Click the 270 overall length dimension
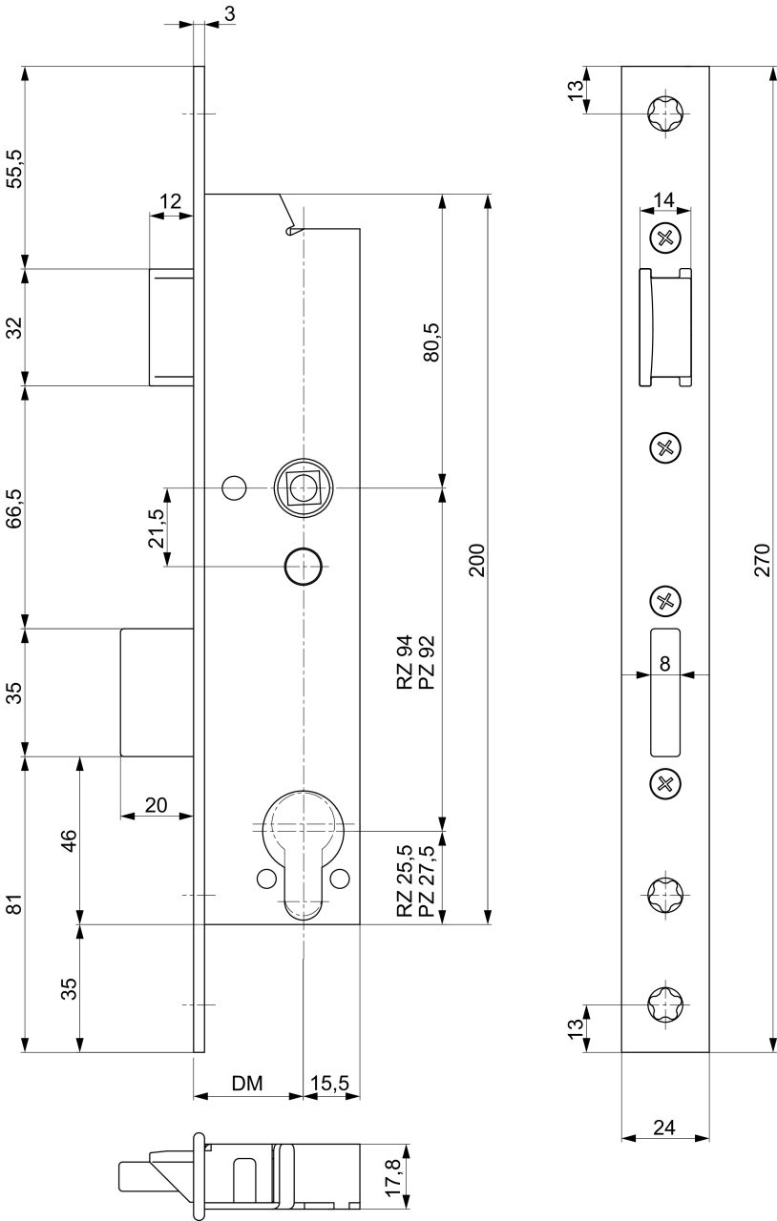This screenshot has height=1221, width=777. (x=763, y=559)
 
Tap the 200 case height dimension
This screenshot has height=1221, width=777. (x=477, y=560)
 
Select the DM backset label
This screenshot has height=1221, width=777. (x=247, y=1083)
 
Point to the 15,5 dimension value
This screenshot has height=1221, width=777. (x=330, y=1084)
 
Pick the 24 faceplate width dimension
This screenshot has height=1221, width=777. (x=664, y=1128)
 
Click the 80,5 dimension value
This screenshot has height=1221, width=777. (x=431, y=342)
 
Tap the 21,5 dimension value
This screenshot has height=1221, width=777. (x=156, y=528)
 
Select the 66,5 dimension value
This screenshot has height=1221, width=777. (x=14, y=508)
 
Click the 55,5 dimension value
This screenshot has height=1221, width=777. (x=14, y=169)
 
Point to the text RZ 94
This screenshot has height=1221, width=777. (x=406, y=663)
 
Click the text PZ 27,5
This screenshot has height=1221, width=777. (x=426, y=881)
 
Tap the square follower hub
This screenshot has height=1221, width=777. (x=304, y=488)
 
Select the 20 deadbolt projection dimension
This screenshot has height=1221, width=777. (x=156, y=805)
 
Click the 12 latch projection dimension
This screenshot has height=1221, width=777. (x=170, y=201)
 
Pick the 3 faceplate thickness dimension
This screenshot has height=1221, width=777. (x=230, y=14)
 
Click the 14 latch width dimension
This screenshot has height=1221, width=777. (x=664, y=199)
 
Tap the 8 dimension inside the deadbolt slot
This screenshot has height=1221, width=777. (x=664, y=664)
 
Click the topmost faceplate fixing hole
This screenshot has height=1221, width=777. (x=665, y=114)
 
